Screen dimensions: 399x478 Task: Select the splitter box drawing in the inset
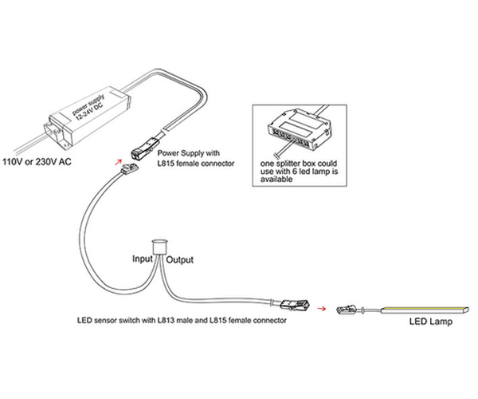pyautogui.click(x=299, y=131)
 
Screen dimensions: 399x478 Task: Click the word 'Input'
pyautogui.click(x=143, y=260)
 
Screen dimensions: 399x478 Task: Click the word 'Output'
pyautogui.click(x=179, y=260)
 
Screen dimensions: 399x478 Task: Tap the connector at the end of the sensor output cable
pyautogui.click(x=291, y=303)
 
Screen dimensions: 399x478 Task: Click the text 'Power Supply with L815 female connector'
pyautogui.click(x=195, y=157)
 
